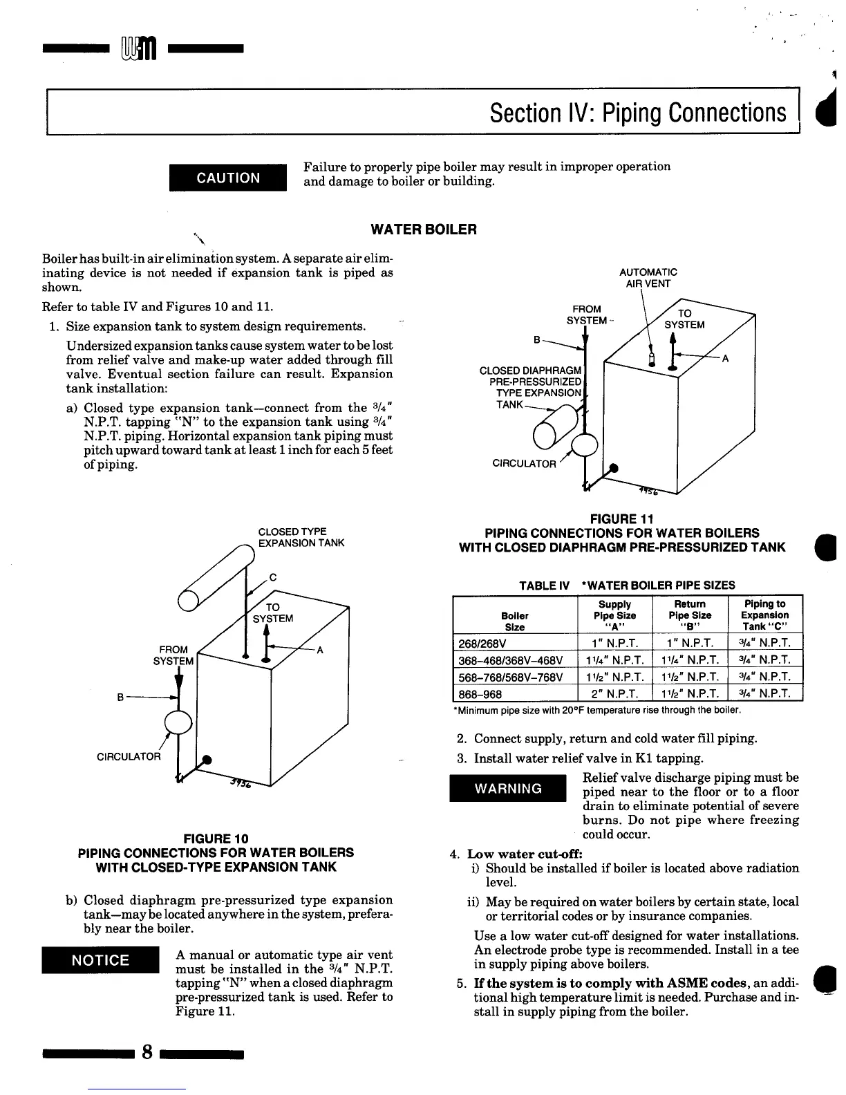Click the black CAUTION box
[228, 178]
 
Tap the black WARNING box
[507, 789]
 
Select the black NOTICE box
[101, 960]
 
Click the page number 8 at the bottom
[147, 1052]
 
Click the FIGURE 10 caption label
[211, 839]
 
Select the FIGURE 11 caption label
[621, 518]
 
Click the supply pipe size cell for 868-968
[614, 693]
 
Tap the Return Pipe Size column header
[689, 615]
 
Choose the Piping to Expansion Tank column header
[764, 615]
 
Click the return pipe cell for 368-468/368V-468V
[689, 660]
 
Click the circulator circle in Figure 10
[178, 722]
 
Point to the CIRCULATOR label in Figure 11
[523, 463]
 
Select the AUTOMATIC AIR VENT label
[648, 278]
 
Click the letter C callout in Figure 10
[272, 577]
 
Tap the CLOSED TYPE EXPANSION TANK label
[301, 537]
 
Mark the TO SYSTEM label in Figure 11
[684, 319]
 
